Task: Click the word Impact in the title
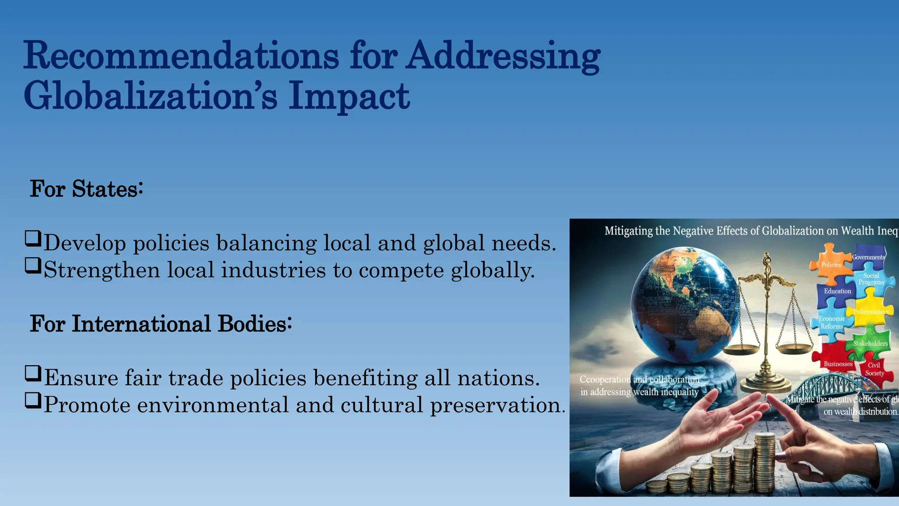(x=349, y=96)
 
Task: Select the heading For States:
(x=86, y=189)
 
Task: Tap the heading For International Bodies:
(x=161, y=324)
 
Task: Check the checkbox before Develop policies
(x=33, y=239)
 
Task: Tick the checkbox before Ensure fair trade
(x=33, y=373)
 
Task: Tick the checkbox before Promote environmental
(x=33, y=400)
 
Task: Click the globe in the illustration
(x=685, y=303)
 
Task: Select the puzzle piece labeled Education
(x=836, y=292)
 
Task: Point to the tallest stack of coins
(x=764, y=461)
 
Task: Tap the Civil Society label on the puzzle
(x=874, y=369)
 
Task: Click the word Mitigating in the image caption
(x=628, y=231)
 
